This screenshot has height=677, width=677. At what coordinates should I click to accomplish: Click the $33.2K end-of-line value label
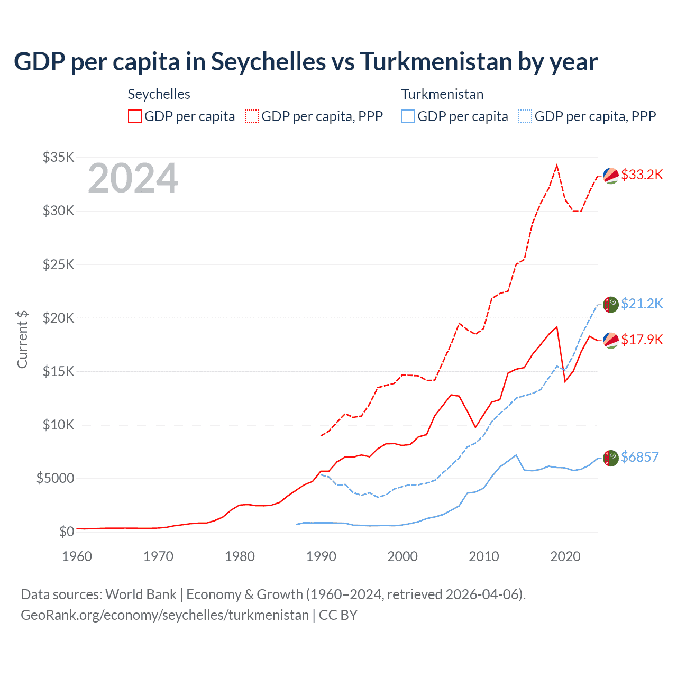click(642, 175)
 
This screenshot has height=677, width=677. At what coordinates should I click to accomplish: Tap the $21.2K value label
click(642, 304)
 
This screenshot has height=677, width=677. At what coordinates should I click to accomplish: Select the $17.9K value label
click(642, 340)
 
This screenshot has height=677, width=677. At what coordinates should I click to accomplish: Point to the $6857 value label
click(639, 457)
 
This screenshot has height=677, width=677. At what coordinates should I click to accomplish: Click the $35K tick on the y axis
click(58, 157)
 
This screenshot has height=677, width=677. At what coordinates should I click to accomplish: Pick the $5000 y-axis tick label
click(55, 479)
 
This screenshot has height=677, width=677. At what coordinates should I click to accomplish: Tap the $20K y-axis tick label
click(58, 318)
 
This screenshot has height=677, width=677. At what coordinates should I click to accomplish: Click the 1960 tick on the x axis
click(77, 556)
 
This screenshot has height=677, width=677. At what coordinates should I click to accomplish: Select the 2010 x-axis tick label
click(484, 556)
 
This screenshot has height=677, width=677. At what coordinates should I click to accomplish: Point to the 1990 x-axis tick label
click(321, 556)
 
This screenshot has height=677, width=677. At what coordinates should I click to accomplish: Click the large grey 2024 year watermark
click(133, 179)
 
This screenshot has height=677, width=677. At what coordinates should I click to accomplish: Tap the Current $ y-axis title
click(22, 339)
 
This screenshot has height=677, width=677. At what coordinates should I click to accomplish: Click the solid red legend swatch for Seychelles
click(135, 116)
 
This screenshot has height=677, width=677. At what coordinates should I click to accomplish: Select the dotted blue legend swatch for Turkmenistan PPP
click(525, 116)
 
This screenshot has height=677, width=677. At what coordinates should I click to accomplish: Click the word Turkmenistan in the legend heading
click(442, 94)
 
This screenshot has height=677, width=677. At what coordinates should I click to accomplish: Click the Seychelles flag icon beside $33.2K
click(611, 176)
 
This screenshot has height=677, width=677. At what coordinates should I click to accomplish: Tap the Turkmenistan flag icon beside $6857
click(611, 458)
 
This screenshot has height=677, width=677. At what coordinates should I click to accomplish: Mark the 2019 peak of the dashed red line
click(557, 166)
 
